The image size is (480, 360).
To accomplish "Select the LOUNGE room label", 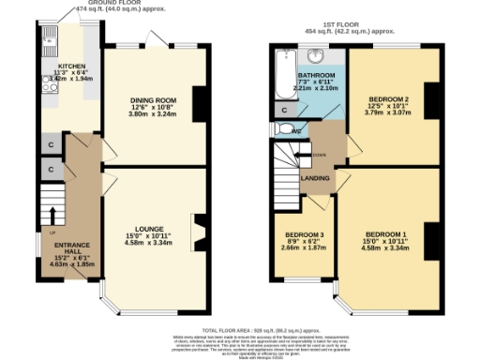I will pos(150,229).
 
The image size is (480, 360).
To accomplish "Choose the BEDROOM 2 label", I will pos(387,98).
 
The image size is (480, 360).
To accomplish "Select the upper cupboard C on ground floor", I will pos(49,144).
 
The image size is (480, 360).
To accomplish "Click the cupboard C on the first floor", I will pos(283,110).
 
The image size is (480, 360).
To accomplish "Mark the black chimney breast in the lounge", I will pos(198,231).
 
